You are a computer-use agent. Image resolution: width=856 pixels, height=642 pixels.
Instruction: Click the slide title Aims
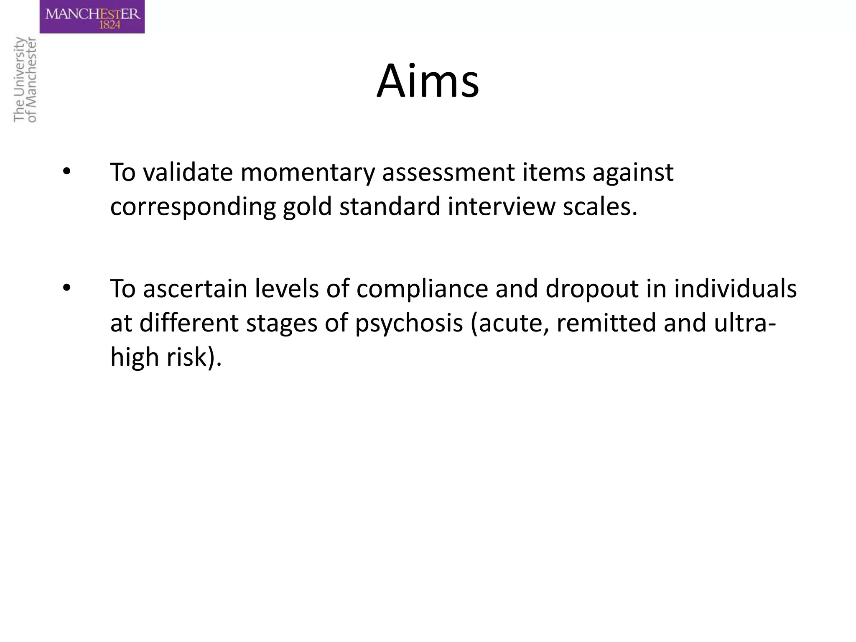tap(428, 81)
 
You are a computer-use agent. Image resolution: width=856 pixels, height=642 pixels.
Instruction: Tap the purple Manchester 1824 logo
tap(92, 17)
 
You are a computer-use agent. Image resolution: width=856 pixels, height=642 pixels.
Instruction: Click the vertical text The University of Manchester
tap(25, 79)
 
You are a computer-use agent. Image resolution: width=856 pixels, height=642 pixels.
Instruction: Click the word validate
tap(188, 172)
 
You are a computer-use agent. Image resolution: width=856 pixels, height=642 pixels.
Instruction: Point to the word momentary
tap(307, 173)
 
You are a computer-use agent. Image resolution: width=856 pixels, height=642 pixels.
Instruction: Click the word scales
tap(600, 207)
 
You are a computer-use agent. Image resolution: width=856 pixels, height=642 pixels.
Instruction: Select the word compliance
tap(422, 289)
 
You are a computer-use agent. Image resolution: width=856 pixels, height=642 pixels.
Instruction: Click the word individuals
tap(735, 289)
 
